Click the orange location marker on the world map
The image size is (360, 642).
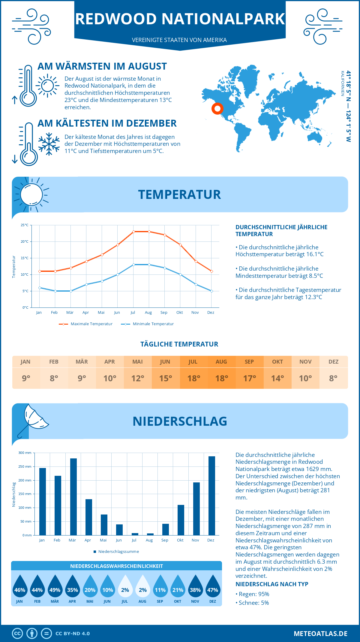coord(217,108)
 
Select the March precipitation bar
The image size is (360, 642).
coord(73,496)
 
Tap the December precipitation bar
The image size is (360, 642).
coord(212,496)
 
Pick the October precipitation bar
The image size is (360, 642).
coord(181,520)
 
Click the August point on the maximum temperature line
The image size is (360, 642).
coord(149,232)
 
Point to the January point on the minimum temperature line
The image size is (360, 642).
coord(40,288)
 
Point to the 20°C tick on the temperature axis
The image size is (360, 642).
coord(25,241)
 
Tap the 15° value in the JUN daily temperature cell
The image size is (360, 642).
coord(166,378)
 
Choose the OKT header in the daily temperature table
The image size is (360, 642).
coord(277,362)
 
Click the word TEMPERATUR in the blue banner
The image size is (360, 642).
coord(179,194)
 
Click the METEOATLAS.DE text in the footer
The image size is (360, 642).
coord(320,634)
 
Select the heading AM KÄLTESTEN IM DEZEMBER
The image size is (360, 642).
coord(107,123)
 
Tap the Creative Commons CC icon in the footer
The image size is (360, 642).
coord(17,634)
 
